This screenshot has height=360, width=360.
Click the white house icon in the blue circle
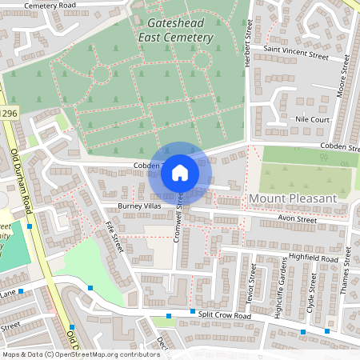pyautogui.click(x=180, y=172)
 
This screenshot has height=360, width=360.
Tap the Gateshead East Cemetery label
pyautogui.click(x=175, y=30)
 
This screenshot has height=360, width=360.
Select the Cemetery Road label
pyautogui.click(x=50, y=6)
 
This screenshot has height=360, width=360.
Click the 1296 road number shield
pyautogui.click(x=7, y=114)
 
